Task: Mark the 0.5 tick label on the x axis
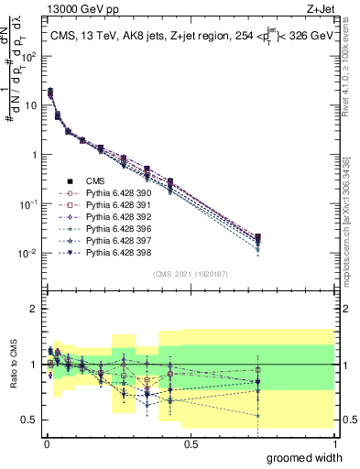coord(191,442)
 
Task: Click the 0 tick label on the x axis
coord(47,442)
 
